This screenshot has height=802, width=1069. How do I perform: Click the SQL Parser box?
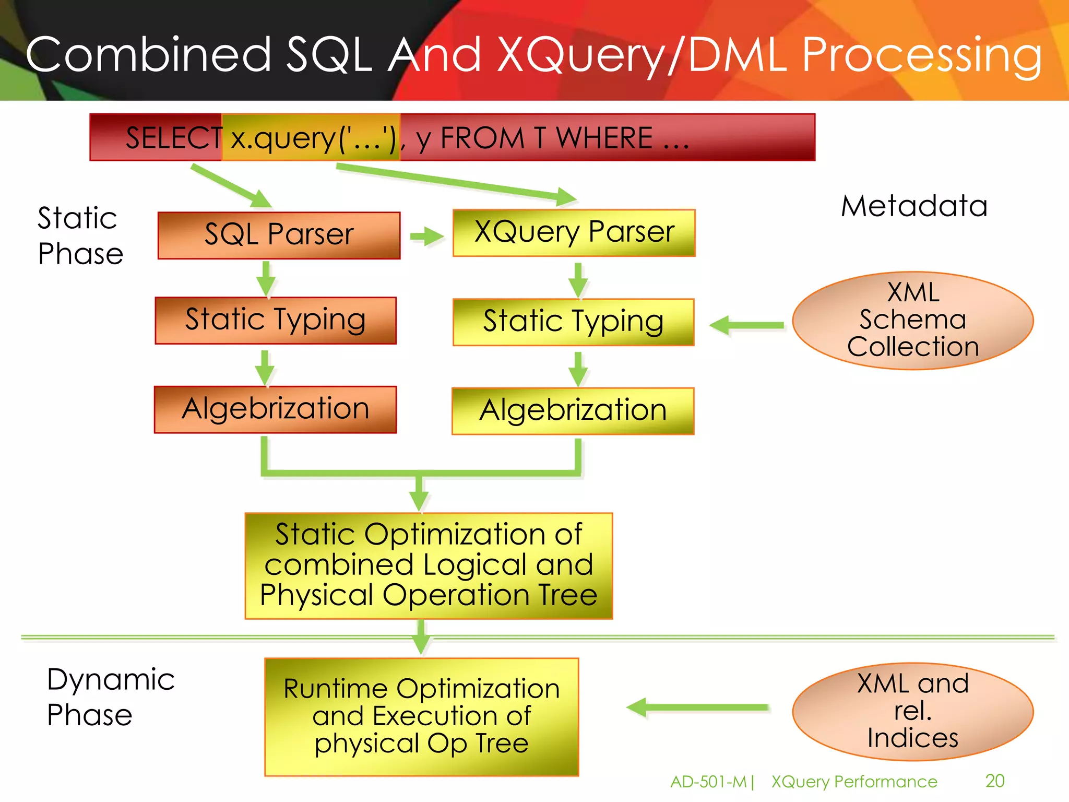279,235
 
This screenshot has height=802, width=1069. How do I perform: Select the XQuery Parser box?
574,233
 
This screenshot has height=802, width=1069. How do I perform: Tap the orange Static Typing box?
276,320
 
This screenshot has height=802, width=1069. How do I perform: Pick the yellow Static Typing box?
573,322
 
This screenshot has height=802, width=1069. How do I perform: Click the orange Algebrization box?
275,409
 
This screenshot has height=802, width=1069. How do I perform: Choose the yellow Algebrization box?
573,411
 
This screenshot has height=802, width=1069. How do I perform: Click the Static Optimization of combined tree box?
429,565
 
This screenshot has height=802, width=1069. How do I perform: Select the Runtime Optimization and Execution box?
421,716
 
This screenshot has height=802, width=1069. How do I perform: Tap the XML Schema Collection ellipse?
912,321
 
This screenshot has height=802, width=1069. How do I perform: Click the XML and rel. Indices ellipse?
912,711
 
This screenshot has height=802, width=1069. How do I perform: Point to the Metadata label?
914,206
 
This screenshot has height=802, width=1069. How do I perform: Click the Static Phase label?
80,236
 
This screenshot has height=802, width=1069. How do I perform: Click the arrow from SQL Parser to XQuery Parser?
426,237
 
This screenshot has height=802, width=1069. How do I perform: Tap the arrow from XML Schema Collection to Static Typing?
746,325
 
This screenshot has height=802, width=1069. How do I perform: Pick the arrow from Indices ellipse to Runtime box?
697,707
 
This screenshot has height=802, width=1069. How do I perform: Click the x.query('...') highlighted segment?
312,138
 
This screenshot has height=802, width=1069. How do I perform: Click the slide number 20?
994,781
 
